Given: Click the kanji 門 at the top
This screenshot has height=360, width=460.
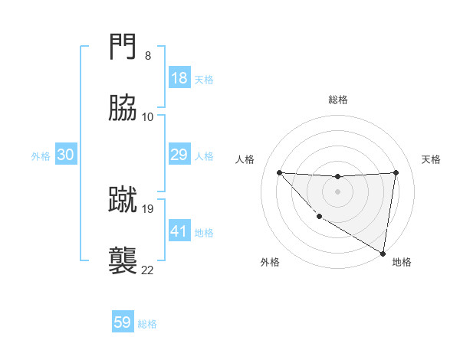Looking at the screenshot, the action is (x=123, y=48).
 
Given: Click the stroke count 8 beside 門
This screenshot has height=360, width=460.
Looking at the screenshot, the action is (x=147, y=56).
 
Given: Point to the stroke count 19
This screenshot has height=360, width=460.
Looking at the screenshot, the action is (x=148, y=208).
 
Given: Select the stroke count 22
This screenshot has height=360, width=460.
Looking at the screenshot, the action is (x=147, y=270).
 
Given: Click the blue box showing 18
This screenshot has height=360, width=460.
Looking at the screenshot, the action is (x=179, y=78).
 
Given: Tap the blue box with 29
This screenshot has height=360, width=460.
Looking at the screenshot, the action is (x=179, y=155).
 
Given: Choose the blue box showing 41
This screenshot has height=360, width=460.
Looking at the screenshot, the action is (x=179, y=231).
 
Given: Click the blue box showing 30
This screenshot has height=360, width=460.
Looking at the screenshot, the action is (x=66, y=155).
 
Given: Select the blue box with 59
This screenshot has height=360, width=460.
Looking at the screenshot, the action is (x=123, y=322).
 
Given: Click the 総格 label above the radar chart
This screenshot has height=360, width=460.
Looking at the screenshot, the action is (x=338, y=100).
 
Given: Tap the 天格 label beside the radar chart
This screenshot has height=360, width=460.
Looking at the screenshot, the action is (x=432, y=159).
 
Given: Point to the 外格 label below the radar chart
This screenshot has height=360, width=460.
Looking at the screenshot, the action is (x=270, y=262).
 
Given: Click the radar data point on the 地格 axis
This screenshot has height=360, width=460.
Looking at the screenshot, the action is (x=383, y=254).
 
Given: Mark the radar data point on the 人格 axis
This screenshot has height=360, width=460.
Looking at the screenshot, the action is (x=279, y=172).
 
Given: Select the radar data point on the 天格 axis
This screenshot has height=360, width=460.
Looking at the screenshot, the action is (x=396, y=172).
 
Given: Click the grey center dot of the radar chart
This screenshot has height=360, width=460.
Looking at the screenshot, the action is (x=337, y=191).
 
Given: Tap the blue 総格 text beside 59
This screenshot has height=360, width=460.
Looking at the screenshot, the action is (x=147, y=323).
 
